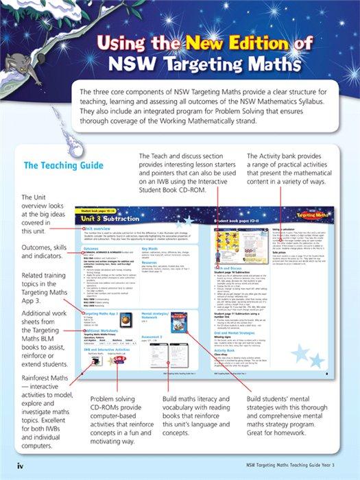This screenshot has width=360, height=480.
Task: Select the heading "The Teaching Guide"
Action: pyautogui.click(x=64, y=165)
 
